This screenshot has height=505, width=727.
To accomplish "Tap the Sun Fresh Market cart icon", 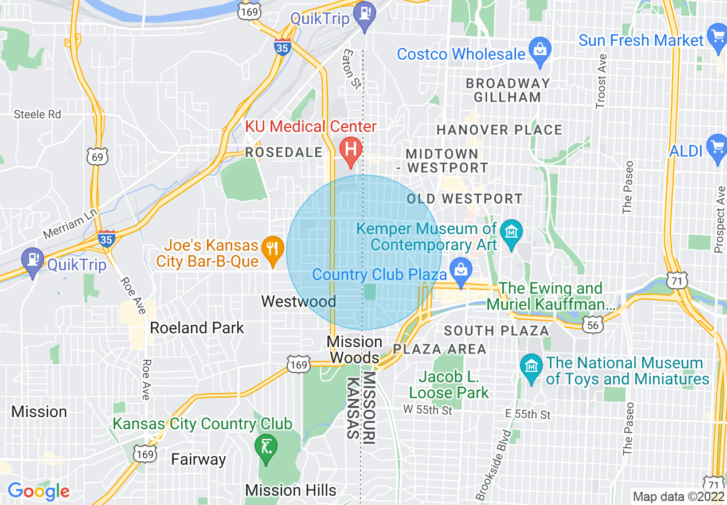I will coord(717,36).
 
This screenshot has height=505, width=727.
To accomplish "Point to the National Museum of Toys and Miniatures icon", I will coord(531,365).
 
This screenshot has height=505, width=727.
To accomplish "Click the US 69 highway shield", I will coord(98,156).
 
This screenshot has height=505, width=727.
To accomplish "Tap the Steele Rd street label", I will coord(37,114).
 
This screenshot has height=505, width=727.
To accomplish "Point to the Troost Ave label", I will coord(601,81).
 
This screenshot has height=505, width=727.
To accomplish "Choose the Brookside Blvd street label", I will coord(493,464).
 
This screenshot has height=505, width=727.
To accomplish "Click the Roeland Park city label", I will coord(197,328).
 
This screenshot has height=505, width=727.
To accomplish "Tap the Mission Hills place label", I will coord(291,490).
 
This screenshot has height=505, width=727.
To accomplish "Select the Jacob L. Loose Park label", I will coord(449,385).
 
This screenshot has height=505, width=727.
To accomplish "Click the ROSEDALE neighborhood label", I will coord(284,152).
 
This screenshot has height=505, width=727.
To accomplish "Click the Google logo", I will coord(38,491).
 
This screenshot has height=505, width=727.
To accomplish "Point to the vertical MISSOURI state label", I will coord(369,406).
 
